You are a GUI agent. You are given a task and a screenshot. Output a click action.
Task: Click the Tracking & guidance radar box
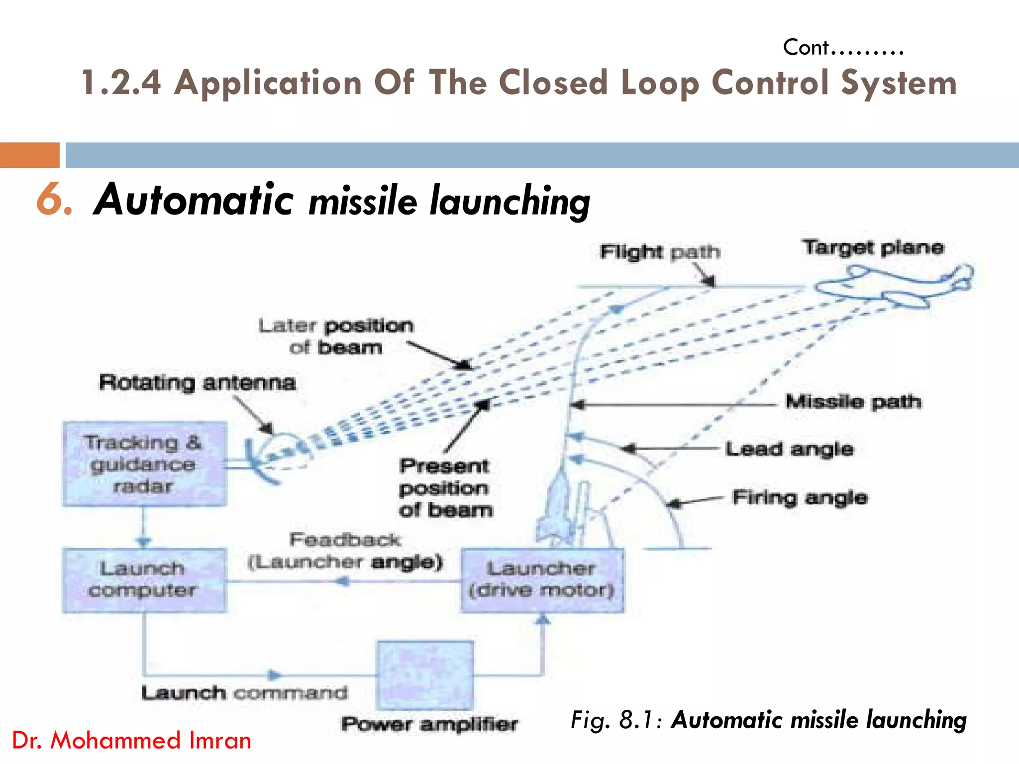[144, 464]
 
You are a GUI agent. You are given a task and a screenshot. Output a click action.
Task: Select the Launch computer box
[144, 580]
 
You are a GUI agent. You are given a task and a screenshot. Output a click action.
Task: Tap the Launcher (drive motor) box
[542, 580]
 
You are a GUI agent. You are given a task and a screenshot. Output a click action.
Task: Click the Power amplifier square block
[425, 675]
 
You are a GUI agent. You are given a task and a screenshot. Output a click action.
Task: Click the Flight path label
[660, 252]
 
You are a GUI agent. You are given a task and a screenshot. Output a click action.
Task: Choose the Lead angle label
[789, 449]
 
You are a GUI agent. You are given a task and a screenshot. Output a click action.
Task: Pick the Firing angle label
[800, 497]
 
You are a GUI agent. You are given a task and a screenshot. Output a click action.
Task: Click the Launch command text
[244, 692]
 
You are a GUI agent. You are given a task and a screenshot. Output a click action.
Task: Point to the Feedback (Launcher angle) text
[345, 551]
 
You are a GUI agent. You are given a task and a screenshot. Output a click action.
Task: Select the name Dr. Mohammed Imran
[131, 740]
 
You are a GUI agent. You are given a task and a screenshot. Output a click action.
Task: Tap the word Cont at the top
[806, 48]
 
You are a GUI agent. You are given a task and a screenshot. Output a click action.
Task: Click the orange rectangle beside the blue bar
[30, 155]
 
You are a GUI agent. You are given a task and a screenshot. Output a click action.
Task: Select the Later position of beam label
[336, 336]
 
